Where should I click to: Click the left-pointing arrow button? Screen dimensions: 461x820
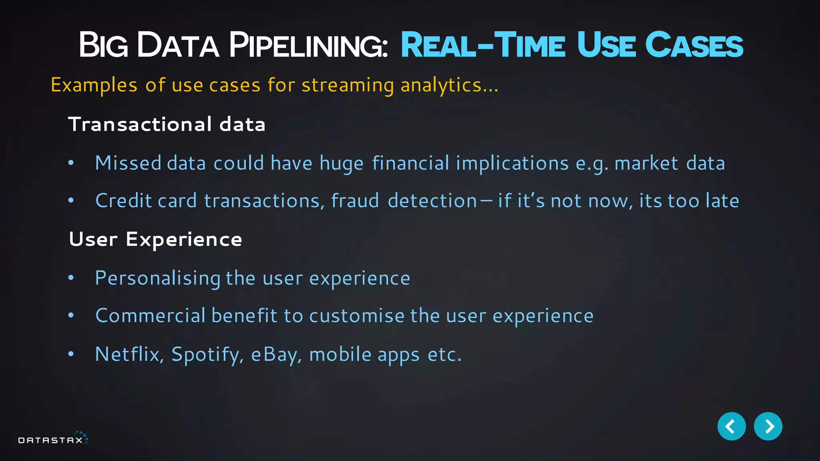(732, 426)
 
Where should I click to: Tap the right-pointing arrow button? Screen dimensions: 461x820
(768, 426)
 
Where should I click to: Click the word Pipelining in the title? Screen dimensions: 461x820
(308, 45)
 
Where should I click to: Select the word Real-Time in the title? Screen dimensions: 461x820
(483, 45)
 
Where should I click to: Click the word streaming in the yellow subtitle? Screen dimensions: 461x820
(348, 85)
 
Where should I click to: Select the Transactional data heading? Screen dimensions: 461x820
(167, 124)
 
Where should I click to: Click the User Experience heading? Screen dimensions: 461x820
(155, 239)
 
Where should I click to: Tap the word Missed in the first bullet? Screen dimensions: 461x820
(128, 163)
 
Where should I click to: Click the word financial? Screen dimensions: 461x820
(411, 163)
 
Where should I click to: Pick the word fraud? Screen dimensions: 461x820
(355, 200)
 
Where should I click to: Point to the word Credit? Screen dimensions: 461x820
(124, 200)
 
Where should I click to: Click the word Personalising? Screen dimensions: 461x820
(158, 278)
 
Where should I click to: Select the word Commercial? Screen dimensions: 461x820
(151, 315)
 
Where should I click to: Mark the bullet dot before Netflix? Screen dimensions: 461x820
(71, 354)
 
